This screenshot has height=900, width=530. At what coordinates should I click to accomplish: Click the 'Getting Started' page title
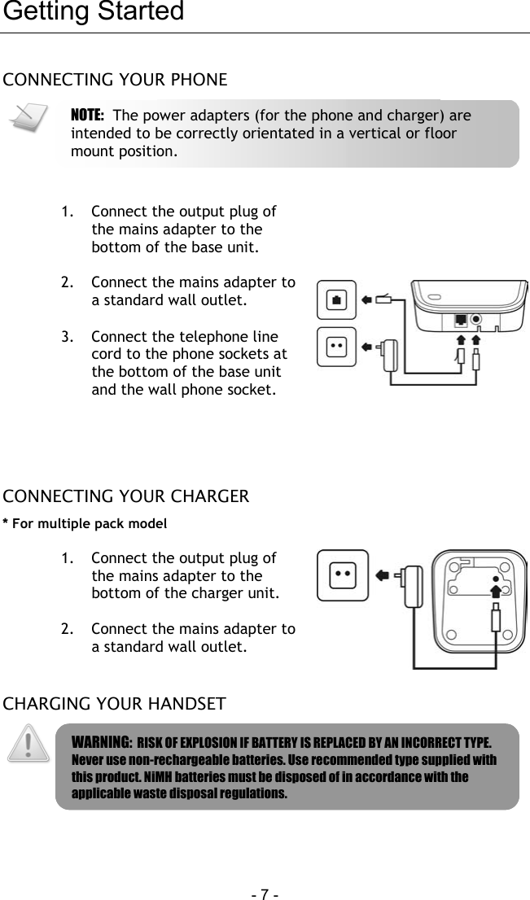pyautogui.click(x=94, y=12)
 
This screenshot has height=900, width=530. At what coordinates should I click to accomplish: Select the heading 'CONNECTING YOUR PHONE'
pyautogui.click(x=116, y=80)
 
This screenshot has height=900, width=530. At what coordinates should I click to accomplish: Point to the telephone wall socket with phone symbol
pyautogui.click(x=338, y=299)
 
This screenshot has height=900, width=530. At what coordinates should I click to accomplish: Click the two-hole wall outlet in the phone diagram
pyautogui.click(x=337, y=346)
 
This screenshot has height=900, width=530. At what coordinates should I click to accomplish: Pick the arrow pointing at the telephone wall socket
pyautogui.click(x=367, y=300)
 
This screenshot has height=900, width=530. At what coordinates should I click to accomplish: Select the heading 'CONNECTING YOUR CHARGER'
pyautogui.click(x=126, y=496)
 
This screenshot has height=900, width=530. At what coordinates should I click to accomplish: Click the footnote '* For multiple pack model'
pyautogui.click(x=85, y=523)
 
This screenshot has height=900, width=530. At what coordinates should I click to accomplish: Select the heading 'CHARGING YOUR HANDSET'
pyautogui.click(x=115, y=703)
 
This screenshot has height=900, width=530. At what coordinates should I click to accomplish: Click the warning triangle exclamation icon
pyautogui.click(x=28, y=745)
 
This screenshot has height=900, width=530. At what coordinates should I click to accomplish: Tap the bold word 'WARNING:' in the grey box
pyautogui.click(x=102, y=743)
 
